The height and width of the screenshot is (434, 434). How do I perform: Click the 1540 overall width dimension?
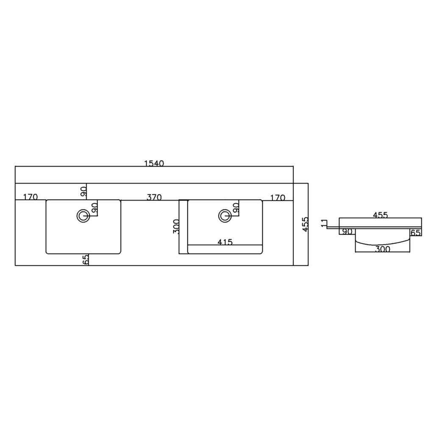click(x=154, y=163)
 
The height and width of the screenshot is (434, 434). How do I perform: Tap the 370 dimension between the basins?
click(x=154, y=198)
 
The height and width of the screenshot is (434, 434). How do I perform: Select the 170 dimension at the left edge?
click(x=31, y=197)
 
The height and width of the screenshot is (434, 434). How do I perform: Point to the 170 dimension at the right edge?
click(x=278, y=198)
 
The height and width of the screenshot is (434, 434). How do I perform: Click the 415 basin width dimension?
click(x=225, y=242)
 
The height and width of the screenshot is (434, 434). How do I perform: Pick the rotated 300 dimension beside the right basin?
click(x=176, y=226)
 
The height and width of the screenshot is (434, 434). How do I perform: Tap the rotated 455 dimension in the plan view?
click(x=305, y=224)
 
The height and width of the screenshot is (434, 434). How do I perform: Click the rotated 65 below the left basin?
click(x=86, y=259)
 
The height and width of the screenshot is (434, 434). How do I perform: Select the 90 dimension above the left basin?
click(x=83, y=192)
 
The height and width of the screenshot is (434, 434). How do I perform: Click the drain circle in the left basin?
click(x=83, y=216)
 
